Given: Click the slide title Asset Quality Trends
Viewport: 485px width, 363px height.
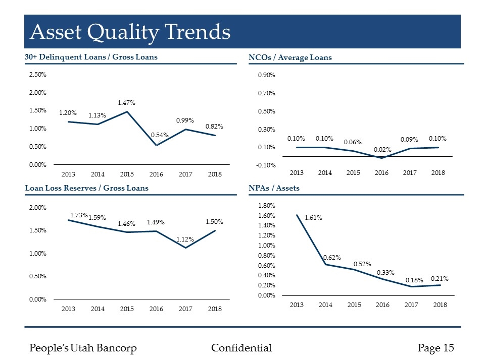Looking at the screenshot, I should click(130, 32).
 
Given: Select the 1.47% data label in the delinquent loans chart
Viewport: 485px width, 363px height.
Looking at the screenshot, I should click(126, 103).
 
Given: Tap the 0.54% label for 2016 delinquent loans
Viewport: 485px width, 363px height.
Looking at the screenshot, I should click(160, 135).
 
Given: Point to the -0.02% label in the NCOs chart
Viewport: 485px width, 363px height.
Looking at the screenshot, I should click(381, 150).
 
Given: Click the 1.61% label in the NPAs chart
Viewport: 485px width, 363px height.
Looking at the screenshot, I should click(313, 218).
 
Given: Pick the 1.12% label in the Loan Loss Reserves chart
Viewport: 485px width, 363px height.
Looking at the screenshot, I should click(186, 239).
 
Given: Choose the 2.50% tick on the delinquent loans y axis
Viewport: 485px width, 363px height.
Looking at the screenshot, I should click(37, 75).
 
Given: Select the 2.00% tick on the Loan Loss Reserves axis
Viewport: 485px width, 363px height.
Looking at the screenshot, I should click(37, 208).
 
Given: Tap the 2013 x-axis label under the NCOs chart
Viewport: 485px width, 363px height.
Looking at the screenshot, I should click(297, 173).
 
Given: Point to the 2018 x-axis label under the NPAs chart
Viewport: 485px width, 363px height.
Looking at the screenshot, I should click(441, 305).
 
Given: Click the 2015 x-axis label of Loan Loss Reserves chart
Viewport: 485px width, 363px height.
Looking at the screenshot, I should click(127, 309).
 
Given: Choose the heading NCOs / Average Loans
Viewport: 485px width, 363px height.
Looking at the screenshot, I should click(290, 58).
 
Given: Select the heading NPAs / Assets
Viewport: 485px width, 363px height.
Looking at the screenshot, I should click(274, 188).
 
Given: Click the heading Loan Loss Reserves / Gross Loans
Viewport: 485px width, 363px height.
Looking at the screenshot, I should click(87, 188).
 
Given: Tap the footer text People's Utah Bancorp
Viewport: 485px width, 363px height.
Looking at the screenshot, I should click(83, 348).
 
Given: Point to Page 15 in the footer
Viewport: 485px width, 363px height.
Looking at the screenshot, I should click(436, 348).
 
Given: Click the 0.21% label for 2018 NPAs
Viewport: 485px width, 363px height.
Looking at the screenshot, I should click(440, 278).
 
